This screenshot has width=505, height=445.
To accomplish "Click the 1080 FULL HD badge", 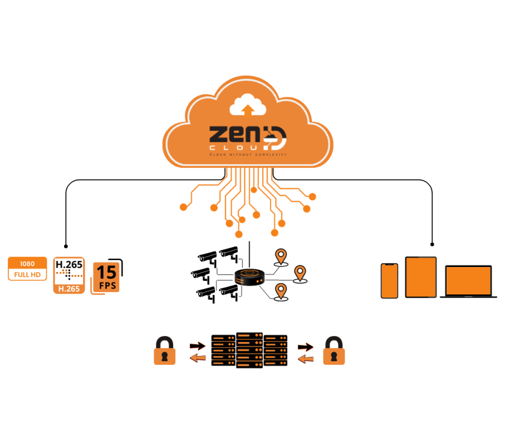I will (x=27, y=268).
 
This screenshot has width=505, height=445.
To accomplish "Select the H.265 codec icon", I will (x=68, y=274).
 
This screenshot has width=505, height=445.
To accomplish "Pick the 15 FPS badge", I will (x=107, y=276).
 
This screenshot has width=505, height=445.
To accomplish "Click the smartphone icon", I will (x=389, y=280).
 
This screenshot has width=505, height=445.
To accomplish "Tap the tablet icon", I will (x=421, y=276).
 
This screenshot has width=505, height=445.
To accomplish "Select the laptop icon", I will (x=468, y=281).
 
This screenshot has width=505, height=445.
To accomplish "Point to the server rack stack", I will (x=249, y=350).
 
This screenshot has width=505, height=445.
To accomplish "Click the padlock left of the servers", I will (x=164, y=350).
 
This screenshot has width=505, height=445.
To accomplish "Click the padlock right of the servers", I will (x=334, y=350).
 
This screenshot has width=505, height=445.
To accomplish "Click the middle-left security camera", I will (x=201, y=273).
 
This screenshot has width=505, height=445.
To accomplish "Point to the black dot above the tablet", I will (x=432, y=244).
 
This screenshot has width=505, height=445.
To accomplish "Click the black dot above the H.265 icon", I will (x=66, y=245).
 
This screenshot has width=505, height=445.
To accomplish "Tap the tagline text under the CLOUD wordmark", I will (x=247, y=154).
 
